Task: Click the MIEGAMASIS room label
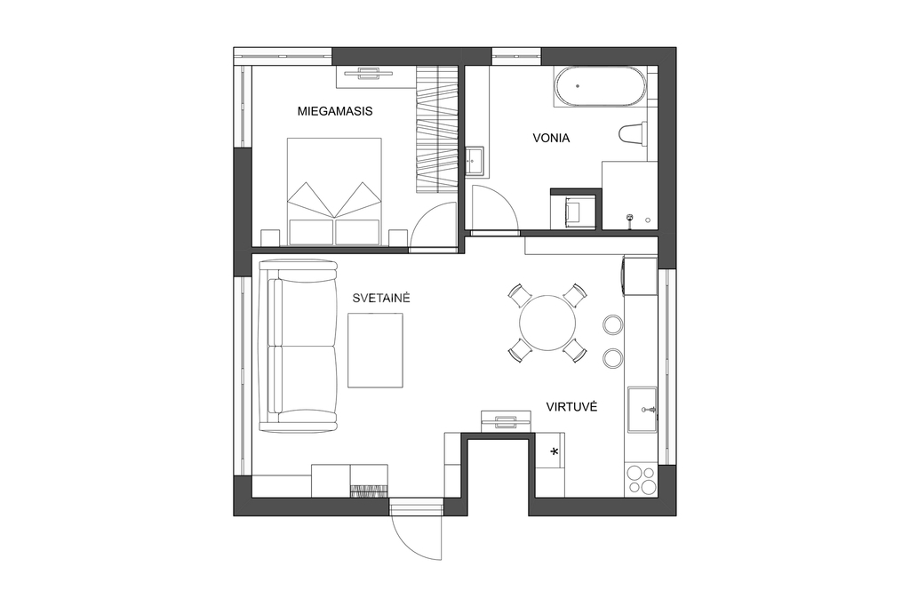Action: [335, 111]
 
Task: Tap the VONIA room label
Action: [551, 138]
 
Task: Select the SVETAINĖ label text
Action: [381, 298]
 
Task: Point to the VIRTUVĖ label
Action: [571, 406]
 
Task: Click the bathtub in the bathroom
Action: [600, 86]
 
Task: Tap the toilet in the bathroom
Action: [633, 133]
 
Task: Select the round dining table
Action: [547, 323]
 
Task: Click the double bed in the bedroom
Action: [334, 191]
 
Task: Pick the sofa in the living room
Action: [298, 346]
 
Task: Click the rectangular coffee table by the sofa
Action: [376, 350]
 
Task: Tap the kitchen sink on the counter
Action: [642, 410]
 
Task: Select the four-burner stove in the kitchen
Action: [641, 481]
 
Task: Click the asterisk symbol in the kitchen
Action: [555, 451]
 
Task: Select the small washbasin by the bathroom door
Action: [476, 160]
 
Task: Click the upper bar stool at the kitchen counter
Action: [612, 325]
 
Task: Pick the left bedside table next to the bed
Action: [270, 238]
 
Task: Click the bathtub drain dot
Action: [578, 86]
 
